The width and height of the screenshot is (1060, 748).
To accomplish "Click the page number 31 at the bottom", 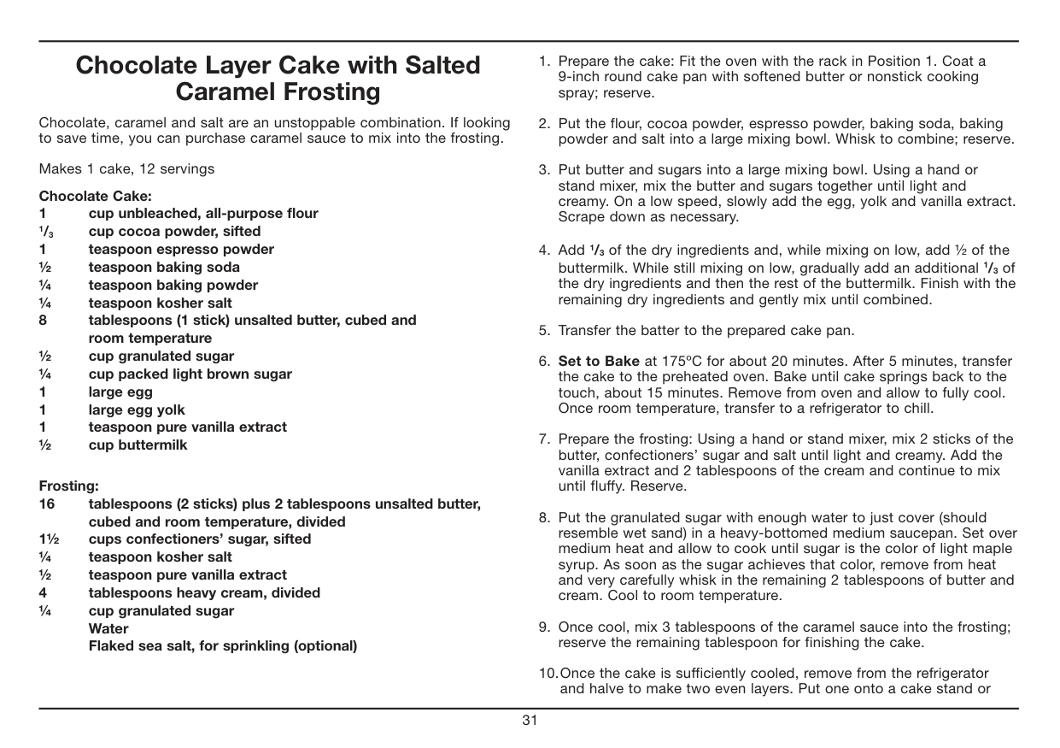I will [x=530, y=721].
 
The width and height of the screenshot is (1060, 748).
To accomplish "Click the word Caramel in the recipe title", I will [x=225, y=91].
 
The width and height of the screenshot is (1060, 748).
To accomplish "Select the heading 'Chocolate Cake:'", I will [x=96, y=196].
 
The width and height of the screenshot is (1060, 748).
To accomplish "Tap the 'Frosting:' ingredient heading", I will [x=69, y=486].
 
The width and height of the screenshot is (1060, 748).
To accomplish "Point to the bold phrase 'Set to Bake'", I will [x=598, y=362].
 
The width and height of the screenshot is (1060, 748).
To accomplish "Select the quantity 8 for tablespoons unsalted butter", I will [x=43, y=321].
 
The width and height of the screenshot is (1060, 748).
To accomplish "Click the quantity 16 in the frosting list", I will [x=46, y=504].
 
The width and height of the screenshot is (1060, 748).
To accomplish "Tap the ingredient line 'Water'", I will [x=108, y=628].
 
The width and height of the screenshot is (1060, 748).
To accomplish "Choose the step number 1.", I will [x=543, y=62].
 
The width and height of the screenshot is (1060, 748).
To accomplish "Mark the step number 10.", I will [x=548, y=674].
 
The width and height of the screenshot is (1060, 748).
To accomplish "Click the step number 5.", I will [x=543, y=331].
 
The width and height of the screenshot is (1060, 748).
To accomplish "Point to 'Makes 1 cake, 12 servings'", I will [x=127, y=168].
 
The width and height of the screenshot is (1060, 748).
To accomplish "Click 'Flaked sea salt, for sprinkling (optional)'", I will [x=223, y=646].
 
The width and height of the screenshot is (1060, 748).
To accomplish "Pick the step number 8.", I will [x=543, y=518].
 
